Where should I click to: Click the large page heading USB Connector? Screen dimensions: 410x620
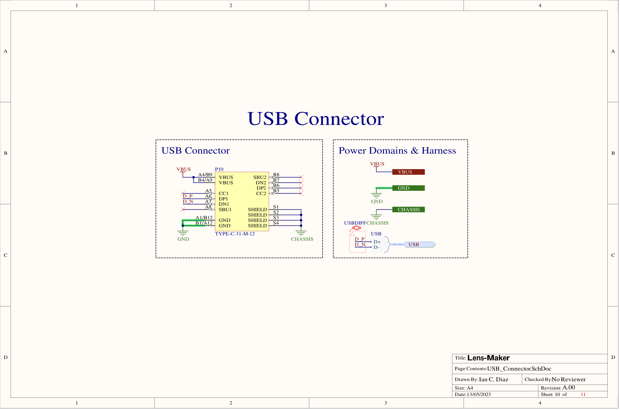[x=315, y=119]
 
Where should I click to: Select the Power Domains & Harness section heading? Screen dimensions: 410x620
[x=397, y=151]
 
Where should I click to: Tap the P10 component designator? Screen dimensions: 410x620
[x=219, y=169]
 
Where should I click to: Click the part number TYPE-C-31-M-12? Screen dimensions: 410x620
[x=235, y=234]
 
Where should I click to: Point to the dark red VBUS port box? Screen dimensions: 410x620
[x=408, y=172]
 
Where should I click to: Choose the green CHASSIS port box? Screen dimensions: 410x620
[x=408, y=210]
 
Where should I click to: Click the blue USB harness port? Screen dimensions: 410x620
[x=419, y=245]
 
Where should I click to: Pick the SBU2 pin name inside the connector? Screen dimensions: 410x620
[x=260, y=177]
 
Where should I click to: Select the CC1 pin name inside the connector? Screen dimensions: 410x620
[x=223, y=193]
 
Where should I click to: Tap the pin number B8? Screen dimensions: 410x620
[x=276, y=175]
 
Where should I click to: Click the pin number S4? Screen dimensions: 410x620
[x=276, y=223]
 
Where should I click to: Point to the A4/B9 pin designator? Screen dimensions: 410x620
[x=205, y=175]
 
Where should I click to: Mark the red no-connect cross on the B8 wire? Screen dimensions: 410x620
[x=301, y=177]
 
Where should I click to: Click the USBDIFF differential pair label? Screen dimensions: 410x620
[x=355, y=223]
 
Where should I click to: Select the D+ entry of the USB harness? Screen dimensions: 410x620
[x=377, y=242]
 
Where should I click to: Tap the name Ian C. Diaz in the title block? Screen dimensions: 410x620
[x=493, y=380]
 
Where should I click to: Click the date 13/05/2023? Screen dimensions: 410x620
[x=478, y=394]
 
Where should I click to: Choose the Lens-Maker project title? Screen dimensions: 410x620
[x=488, y=358]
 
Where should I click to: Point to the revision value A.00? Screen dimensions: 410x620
[x=569, y=388]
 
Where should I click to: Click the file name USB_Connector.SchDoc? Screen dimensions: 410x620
[x=519, y=369]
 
